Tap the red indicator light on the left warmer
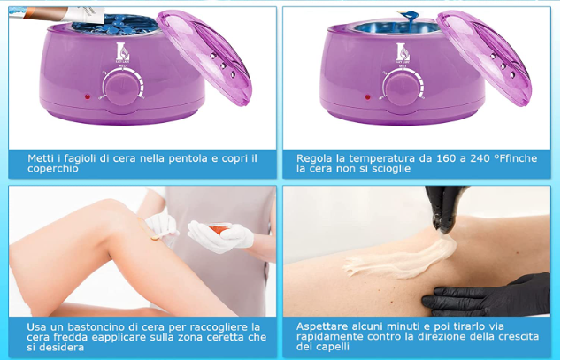(86, 96)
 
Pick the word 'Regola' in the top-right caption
(316, 157)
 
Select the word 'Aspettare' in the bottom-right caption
(323, 326)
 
